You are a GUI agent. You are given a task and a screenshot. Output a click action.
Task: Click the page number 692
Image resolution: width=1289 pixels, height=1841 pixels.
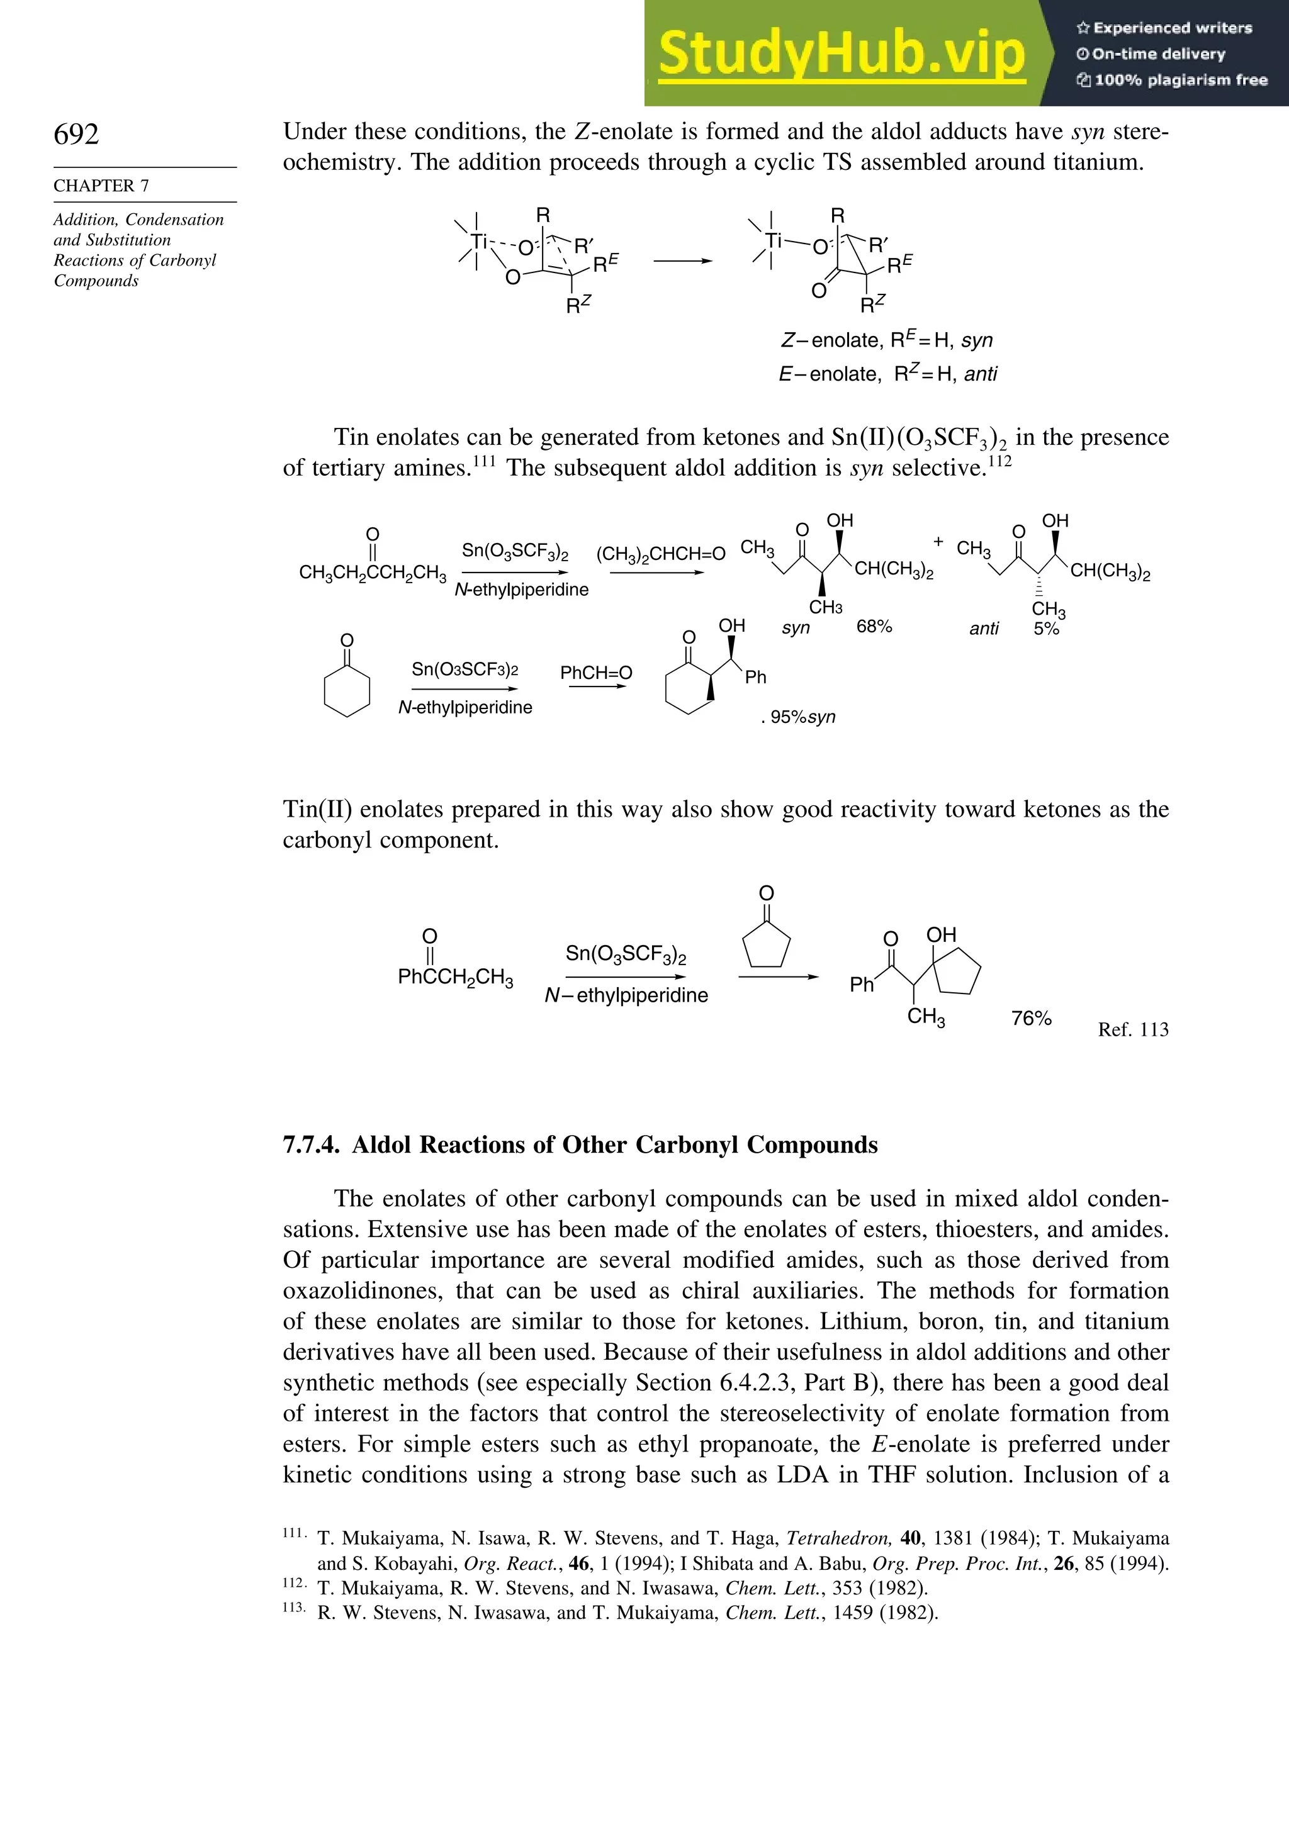[x=76, y=134]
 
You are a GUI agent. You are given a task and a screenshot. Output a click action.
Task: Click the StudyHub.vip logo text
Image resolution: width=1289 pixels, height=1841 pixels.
[x=842, y=53]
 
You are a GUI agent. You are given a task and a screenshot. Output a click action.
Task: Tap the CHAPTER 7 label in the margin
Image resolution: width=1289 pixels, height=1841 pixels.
[x=101, y=185]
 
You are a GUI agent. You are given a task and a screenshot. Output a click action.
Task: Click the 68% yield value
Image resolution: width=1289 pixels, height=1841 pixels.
[x=874, y=626]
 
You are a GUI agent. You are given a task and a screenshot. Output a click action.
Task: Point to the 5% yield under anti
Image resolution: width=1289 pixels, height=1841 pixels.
[x=1046, y=629]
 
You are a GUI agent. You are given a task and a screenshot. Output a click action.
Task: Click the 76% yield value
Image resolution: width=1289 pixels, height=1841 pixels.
[x=1031, y=1017]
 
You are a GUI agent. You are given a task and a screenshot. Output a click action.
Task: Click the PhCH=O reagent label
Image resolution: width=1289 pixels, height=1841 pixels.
[x=596, y=673]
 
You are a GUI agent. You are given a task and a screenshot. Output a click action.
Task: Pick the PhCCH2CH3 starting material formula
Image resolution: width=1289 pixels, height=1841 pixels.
[x=455, y=976]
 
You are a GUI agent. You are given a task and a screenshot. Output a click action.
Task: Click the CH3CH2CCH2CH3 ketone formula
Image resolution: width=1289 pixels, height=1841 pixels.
[x=372, y=573]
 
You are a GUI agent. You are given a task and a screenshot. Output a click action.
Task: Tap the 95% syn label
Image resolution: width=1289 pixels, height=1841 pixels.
[x=801, y=717]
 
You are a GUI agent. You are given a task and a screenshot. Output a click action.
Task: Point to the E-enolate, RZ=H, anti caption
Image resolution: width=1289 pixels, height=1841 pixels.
[x=887, y=374]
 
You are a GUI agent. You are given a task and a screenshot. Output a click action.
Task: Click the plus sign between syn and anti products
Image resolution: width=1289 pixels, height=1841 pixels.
[x=938, y=542]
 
